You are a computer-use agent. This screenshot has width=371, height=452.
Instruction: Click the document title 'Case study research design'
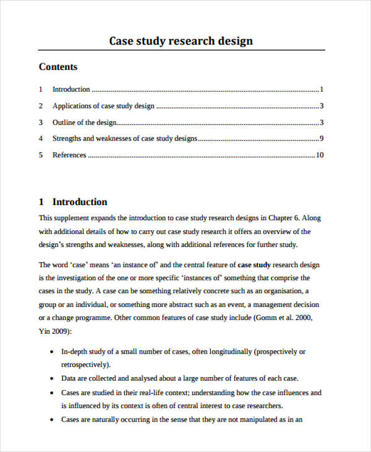(x=181, y=41)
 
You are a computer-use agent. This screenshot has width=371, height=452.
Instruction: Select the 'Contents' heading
(x=58, y=67)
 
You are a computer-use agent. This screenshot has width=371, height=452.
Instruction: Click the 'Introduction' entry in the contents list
(x=71, y=89)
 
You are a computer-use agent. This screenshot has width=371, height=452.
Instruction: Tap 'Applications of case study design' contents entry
(x=103, y=106)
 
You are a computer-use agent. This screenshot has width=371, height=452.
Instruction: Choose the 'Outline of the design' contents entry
(x=84, y=123)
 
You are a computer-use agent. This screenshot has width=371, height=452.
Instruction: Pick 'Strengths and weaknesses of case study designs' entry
(x=125, y=139)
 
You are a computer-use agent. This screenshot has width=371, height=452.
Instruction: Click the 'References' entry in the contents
(x=69, y=155)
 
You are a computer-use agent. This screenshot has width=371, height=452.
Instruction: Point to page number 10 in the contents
(x=320, y=155)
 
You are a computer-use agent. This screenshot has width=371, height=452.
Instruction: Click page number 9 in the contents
(x=322, y=139)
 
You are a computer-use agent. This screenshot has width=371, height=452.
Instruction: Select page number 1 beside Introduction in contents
(x=322, y=89)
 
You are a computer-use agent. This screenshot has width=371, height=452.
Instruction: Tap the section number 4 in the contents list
(x=41, y=139)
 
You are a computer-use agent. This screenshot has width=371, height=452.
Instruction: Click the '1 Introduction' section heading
(x=73, y=202)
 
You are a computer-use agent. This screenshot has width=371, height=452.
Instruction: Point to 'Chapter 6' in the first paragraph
(x=284, y=218)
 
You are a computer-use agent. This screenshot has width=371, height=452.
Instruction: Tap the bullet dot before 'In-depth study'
(x=50, y=352)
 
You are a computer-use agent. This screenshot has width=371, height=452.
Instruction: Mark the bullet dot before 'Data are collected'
(x=50, y=378)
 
